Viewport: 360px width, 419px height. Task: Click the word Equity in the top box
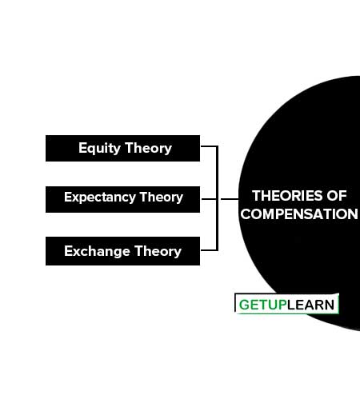(99, 148)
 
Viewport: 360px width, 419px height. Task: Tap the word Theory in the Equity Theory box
(148, 148)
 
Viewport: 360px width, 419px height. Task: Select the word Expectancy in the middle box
(100, 198)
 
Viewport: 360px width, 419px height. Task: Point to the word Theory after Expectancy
(161, 198)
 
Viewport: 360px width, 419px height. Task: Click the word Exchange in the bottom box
(97, 251)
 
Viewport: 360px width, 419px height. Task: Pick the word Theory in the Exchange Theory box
(158, 251)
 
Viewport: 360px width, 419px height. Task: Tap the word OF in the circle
(337, 196)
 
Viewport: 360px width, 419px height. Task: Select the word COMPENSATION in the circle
(299, 214)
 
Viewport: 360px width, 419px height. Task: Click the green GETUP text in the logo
(263, 305)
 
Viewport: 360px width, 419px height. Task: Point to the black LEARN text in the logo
(310, 305)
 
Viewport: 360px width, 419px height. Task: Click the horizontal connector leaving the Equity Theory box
(209, 146)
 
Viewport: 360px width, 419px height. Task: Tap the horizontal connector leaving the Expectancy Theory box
(209, 199)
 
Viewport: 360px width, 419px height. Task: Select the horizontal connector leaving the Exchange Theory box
(209, 250)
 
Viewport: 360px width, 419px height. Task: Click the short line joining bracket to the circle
(230, 199)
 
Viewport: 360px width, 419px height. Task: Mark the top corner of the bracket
(217, 146)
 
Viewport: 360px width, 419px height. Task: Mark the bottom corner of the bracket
(217, 250)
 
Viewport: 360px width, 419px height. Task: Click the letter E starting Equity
(82, 147)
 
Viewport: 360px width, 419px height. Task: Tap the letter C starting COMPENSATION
(246, 214)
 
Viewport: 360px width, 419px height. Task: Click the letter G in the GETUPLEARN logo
(244, 305)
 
